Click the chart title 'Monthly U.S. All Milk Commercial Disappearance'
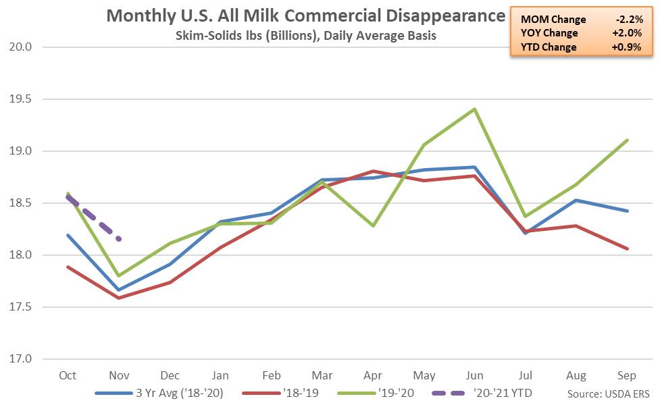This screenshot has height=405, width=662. [x=305, y=16]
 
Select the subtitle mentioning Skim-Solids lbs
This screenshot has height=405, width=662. [x=305, y=36]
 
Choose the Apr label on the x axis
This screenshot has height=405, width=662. [x=372, y=375]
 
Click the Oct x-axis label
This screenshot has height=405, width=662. [x=67, y=375]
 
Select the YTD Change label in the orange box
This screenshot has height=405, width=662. [x=549, y=47]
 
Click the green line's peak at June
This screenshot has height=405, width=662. [x=475, y=109]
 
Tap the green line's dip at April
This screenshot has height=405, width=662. [x=373, y=225]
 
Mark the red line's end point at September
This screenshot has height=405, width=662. [x=628, y=248]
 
